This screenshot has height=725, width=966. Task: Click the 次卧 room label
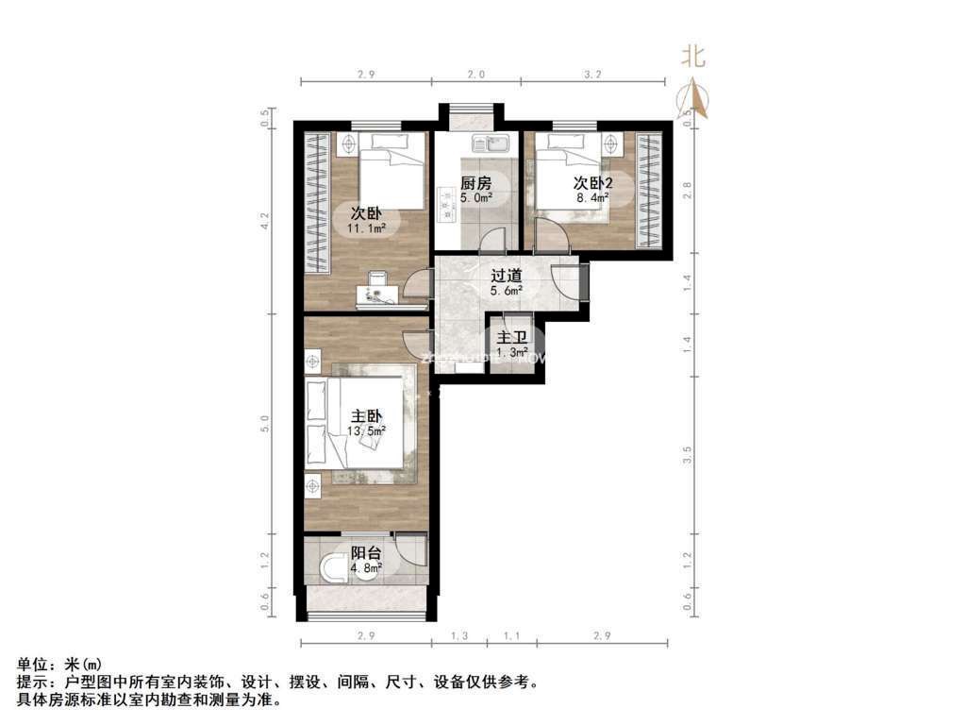tap(367, 212)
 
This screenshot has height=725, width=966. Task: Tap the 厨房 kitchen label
tap(475, 183)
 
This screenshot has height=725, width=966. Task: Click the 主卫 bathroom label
tap(511, 337)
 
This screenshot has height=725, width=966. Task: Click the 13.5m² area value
tap(367, 431)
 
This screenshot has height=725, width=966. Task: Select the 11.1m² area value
tap(367, 228)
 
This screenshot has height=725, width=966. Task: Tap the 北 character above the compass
tap(694, 58)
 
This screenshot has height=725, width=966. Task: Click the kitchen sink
tap(492, 144)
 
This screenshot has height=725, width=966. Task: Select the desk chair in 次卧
tap(376, 278)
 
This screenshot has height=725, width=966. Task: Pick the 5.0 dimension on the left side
tap(266, 424)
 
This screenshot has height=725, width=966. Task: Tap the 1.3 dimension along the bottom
tap(459, 637)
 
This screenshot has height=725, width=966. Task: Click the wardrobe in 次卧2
tap(649, 190)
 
